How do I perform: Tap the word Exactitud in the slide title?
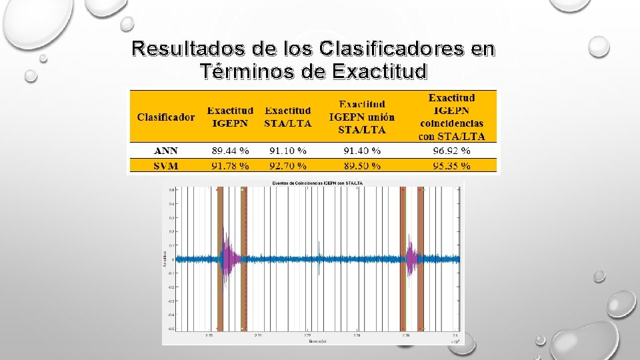(x=378, y=71)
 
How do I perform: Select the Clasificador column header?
(x=166, y=117)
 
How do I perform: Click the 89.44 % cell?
(x=231, y=151)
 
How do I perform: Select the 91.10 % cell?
(x=287, y=151)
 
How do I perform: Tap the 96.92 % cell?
(x=451, y=151)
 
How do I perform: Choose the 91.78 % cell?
(x=231, y=165)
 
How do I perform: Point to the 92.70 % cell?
(x=287, y=165)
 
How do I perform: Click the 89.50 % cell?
(x=362, y=165)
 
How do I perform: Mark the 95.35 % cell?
(x=451, y=165)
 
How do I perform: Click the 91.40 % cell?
(x=362, y=151)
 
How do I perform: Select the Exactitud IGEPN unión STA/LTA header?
(x=362, y=117)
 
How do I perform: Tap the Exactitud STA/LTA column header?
(x=287, y=117)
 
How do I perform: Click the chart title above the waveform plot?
(x=313, y=183)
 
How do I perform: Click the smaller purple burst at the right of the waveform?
(x=411, y=259)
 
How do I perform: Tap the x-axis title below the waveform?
(x=313, y=341)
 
